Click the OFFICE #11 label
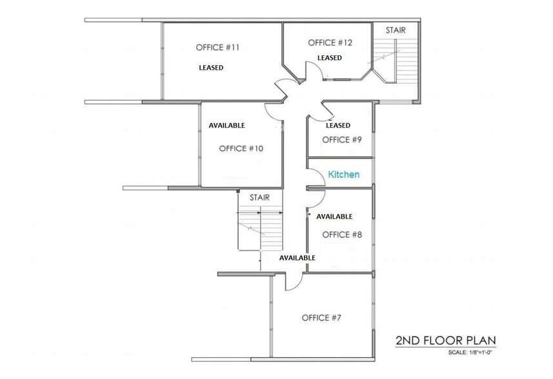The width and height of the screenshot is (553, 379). [219, 47]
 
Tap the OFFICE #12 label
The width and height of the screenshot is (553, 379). [330, 43]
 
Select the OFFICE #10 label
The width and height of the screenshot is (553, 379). [241, 148]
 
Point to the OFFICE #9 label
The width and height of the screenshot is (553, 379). [342, 139]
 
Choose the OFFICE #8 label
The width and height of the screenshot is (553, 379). [341, 235]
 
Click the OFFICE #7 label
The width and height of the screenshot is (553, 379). [321, 318]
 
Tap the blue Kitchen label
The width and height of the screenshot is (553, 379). [344, 175]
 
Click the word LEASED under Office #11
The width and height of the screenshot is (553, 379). [211, 68]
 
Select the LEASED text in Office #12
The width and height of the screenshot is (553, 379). [329, 58]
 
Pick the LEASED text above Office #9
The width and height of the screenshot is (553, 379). [338, 125]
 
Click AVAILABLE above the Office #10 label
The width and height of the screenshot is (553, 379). [226, 125]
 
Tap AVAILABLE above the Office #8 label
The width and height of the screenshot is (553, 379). [334, 217]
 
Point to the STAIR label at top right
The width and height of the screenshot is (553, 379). [396, 30]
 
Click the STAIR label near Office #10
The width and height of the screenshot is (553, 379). [259, 197]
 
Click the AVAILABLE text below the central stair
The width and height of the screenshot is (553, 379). [297, 258]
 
